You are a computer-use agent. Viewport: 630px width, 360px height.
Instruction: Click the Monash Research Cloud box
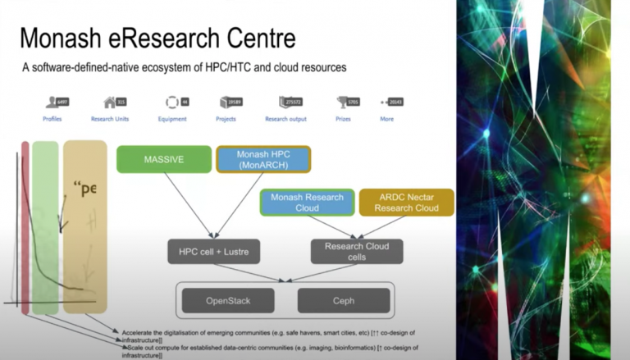click(307, 202)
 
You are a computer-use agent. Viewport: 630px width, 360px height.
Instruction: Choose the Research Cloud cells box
click(357, 251)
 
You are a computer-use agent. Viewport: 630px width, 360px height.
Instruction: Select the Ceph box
click(344, 300)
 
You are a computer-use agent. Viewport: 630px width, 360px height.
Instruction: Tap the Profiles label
click(52, 119)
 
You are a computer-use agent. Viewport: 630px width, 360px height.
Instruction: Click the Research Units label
click(109, 119)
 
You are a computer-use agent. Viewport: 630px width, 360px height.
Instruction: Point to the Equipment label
click(171, 119)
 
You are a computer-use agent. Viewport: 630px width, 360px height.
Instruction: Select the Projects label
click(226, 119)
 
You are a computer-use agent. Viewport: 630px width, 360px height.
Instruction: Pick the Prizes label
click(342, 119)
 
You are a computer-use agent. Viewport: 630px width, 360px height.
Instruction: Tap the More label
click(386, 119)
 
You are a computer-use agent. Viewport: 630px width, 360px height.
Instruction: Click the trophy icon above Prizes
click(342, 103)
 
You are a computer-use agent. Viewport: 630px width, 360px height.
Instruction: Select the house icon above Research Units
click(110, 103)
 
